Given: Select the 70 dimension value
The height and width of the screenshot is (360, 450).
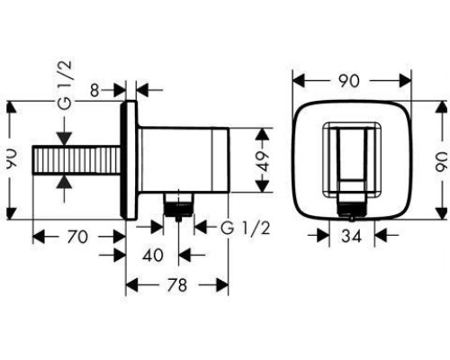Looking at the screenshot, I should (x=77, y=237).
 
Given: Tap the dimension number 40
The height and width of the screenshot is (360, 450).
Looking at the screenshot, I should (x=153, y=255).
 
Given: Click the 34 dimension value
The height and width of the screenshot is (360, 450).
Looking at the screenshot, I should (x=351, y=237).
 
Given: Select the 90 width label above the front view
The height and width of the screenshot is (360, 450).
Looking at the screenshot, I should (x=349, y=80).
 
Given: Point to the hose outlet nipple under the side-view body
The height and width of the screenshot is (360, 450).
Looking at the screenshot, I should (x=180, y=205).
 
